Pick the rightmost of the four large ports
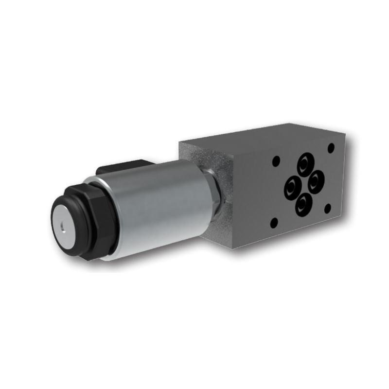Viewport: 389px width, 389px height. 316,181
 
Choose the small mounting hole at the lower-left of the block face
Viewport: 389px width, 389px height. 274,223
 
